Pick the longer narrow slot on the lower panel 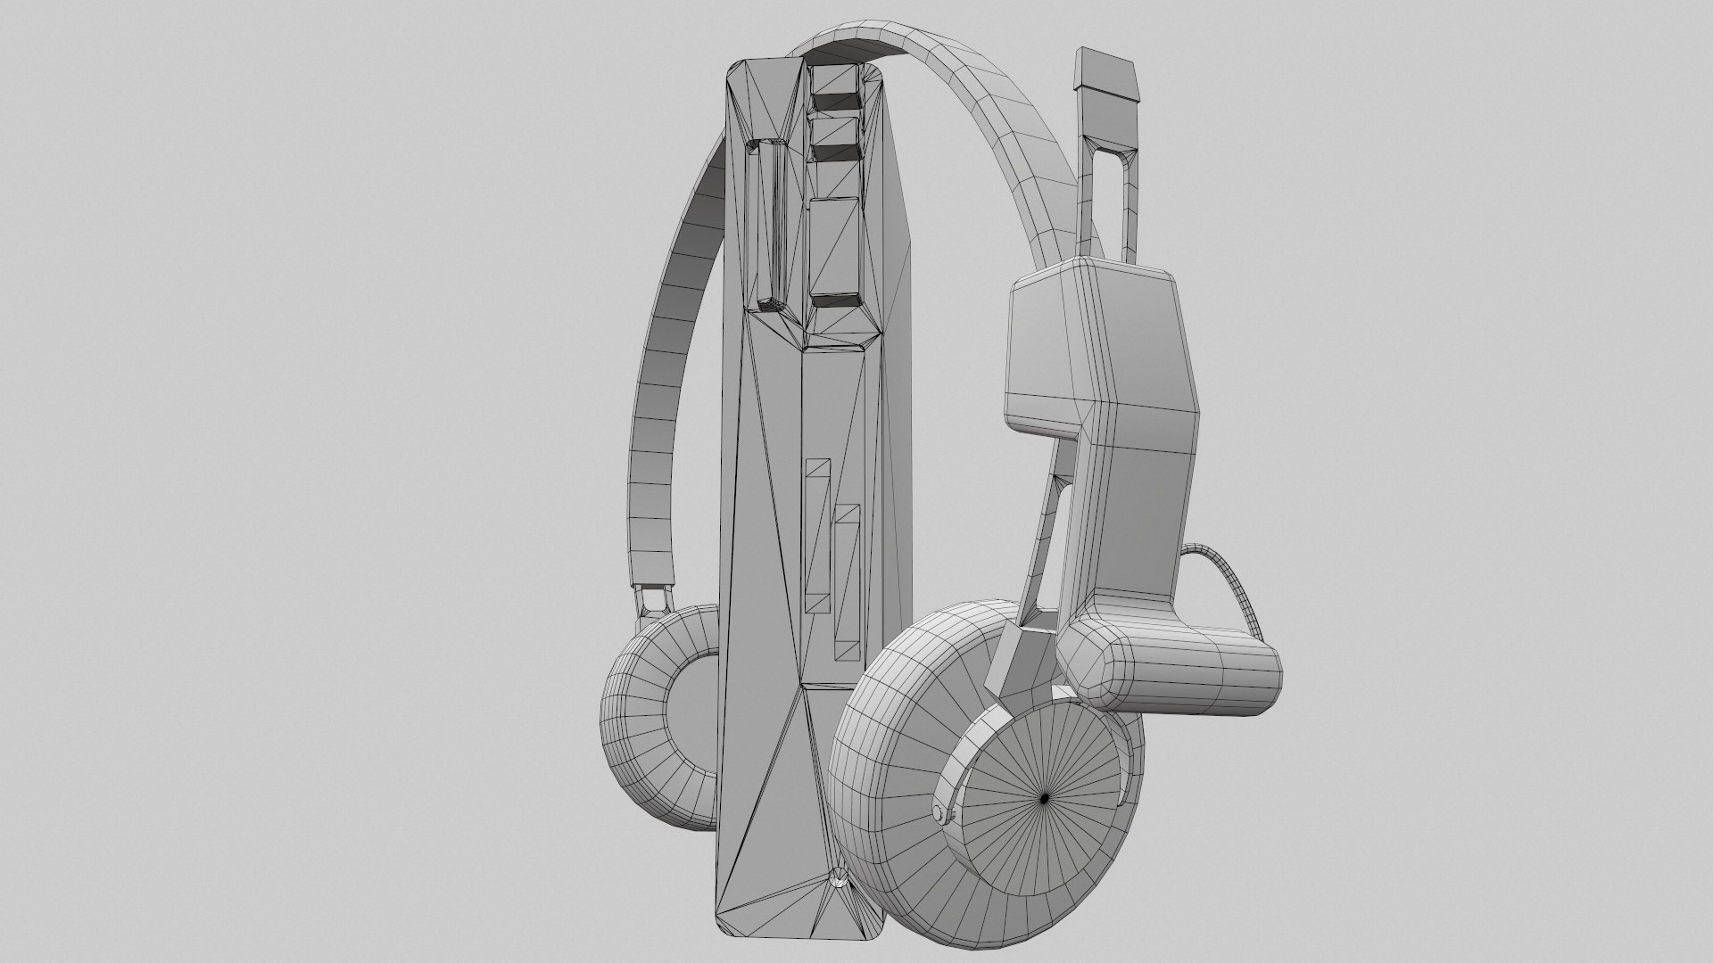click(193, 535)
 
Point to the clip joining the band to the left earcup click(652, 598)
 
